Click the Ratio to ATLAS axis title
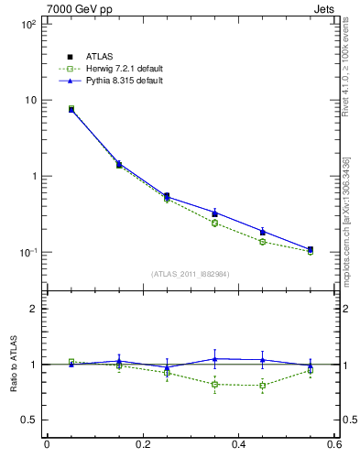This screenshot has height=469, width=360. [x=12, y=365]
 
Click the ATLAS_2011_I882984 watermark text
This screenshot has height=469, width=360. [x=191, y=274]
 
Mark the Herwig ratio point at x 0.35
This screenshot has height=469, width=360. [x=214, y=384]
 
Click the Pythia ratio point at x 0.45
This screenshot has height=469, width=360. [x=263, y=360]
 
